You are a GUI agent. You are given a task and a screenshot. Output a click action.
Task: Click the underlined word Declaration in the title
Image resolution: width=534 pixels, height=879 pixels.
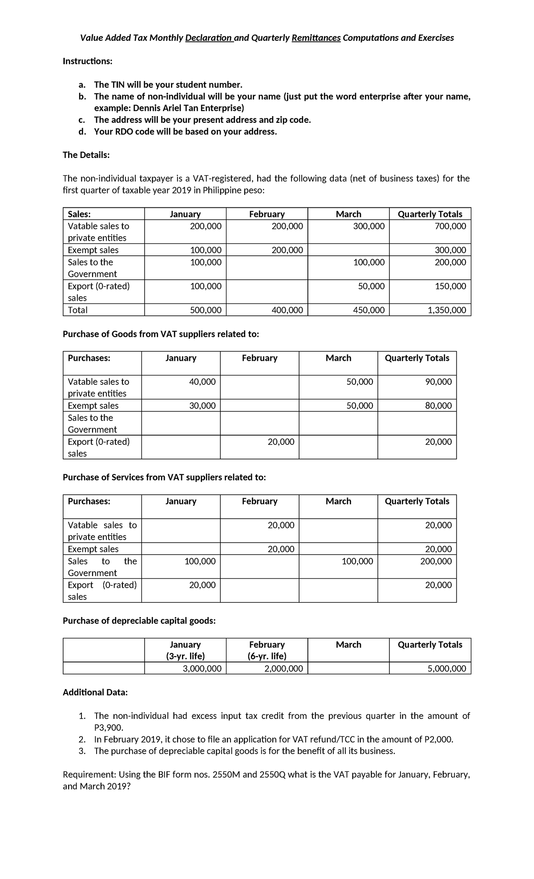pyautogui.click(x=208, y=38)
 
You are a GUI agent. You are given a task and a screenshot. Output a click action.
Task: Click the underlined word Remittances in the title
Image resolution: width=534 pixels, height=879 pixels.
pyautogui.click(x=316, y=38)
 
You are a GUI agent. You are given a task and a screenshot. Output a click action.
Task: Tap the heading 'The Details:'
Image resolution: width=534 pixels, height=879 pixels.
pyautogui.click(x=86, y=155)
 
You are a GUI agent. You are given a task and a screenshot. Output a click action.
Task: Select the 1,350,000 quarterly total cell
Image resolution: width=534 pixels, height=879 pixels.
pyautogui.click(x=446, y=310)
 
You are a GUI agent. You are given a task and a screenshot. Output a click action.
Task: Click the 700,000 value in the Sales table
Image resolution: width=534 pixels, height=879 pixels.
pyautogui.click(x=451, y=226)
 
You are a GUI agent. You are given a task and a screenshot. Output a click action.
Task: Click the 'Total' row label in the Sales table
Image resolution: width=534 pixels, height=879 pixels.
pyautogui.click(x=77, y=310)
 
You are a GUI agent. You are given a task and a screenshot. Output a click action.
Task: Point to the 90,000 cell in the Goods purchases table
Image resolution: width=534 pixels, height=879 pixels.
pyautogui.click(x=438, y=382)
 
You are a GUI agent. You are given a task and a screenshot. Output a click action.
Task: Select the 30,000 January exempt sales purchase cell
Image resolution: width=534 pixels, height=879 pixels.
pyautogui.click(x=202, y=406)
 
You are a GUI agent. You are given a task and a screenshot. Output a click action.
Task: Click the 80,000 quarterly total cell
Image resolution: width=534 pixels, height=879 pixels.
pyautogui.click(x=438, y=406)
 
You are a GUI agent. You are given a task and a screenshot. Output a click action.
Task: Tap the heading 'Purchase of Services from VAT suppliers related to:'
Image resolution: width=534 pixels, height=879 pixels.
pyautogui.click(x=164, y=477)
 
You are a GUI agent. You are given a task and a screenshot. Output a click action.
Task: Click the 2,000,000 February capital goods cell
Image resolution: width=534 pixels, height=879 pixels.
pyautogui.click(x=283, y=668)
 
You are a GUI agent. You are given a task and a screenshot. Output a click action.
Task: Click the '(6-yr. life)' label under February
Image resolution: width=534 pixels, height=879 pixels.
pyautogui.click(x=267, y=656)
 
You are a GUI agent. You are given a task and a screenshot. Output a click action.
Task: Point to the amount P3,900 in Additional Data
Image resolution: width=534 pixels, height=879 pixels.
pyautogui.click(x=108, y=728)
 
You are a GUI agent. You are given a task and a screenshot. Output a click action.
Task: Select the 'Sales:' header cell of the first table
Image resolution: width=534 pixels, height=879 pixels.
pyautogui.click(x=79, y=214)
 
